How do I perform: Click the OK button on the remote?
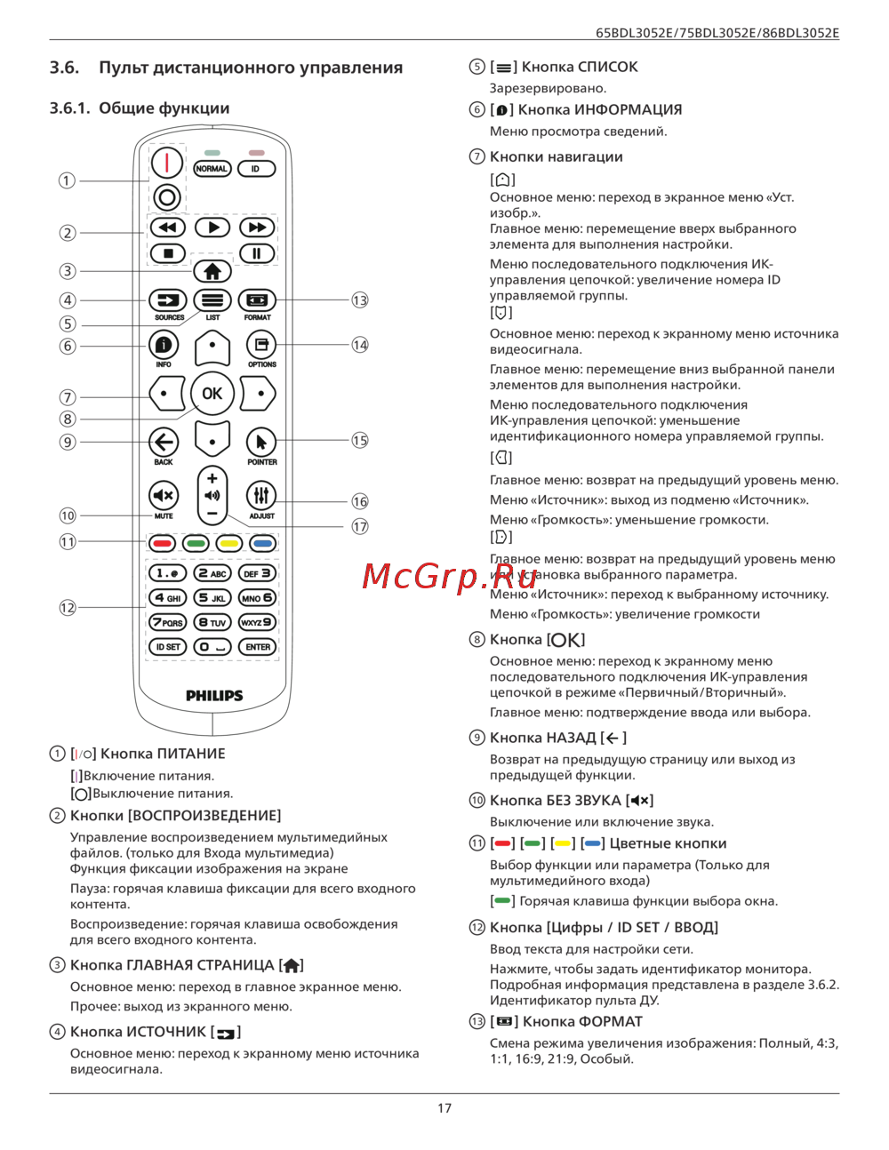(x=212, y=393)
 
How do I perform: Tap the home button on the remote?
(x=212, y=271)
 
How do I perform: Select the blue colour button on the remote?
(x=262, y=543)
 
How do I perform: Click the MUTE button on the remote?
(x=164, y=495)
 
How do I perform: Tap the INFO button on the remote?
(x=164, y=344)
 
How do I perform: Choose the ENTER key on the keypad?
(x=258, y=647)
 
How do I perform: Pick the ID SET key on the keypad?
(x=167, y=647)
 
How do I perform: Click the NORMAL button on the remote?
(x=212, y=169)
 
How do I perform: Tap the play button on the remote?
(x=212, y=228)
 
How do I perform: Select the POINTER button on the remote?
(x=261, y=442)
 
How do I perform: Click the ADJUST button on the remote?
(x=261, y=495)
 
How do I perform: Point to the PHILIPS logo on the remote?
(x=214, y=695)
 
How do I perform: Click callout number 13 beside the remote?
(x=359, y=300)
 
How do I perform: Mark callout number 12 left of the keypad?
(x=68, y=608)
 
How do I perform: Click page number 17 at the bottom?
(x=444, y=1108)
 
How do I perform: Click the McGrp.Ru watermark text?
(x=437, y=578)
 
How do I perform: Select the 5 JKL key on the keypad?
(x=212, y=598)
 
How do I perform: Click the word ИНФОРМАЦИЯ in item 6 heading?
(x=628, y=109)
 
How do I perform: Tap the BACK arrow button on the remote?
(x=164, y=442)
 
